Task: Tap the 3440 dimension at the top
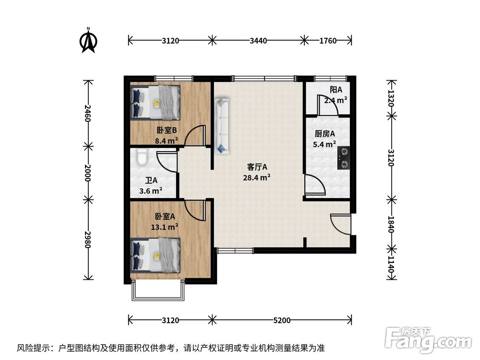point(258,41)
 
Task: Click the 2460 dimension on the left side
point(87,113)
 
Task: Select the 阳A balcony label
point(336,90)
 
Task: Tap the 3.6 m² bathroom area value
point(150,191)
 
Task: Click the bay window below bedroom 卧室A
point(158,291)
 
